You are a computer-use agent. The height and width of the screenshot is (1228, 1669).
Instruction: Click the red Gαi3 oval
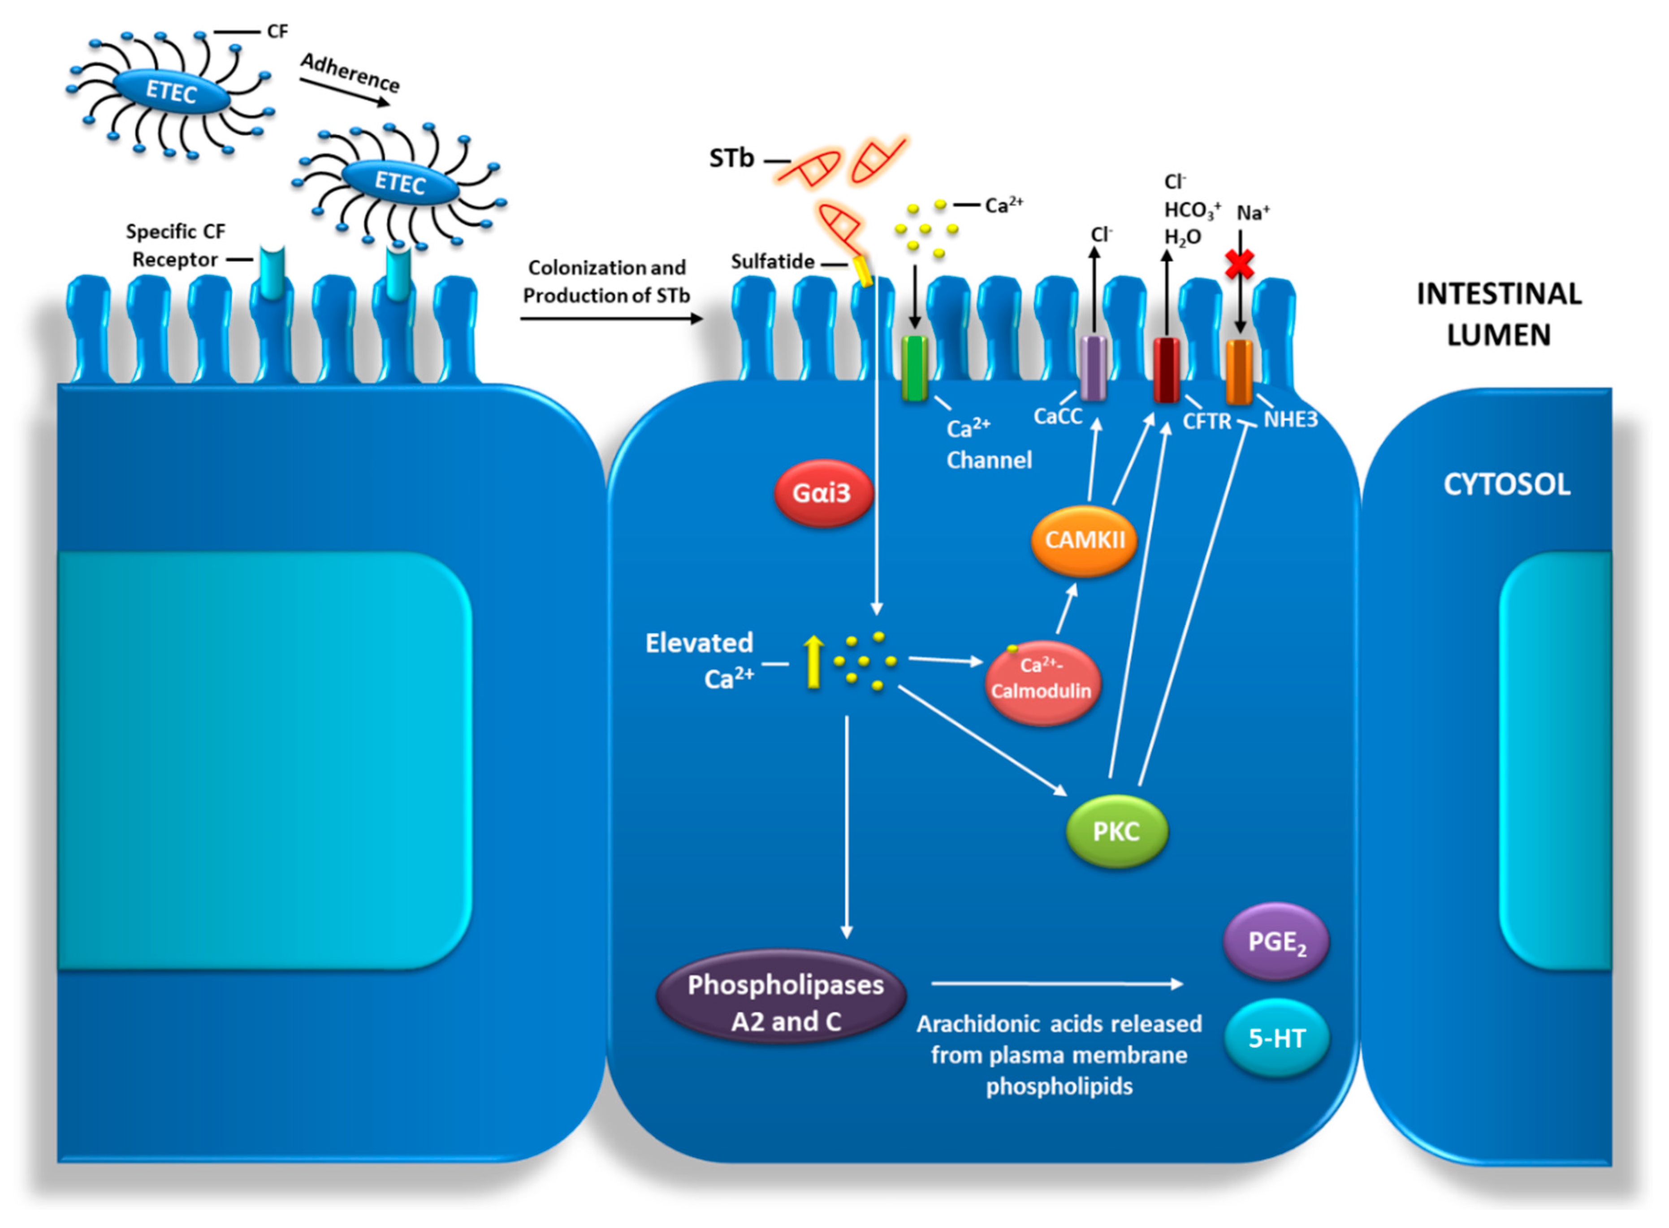tap(823, 493)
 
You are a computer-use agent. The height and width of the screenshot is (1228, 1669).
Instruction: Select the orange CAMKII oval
tap(1084, 540)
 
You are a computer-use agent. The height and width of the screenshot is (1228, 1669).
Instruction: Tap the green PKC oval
tap(1117, 831)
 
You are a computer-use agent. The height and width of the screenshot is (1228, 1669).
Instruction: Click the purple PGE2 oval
tap(1276, 942)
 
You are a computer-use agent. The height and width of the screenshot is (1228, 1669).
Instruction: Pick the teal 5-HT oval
tap(1276, 1038)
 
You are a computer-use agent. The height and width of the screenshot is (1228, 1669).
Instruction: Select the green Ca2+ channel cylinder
tap(914, 368)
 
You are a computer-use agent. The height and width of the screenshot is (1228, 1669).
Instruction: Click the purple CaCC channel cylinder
tap(1093, 368)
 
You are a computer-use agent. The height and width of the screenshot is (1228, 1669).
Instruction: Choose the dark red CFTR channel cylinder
tap(1166, 370)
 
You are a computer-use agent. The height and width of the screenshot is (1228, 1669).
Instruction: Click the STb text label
tap(731, 158)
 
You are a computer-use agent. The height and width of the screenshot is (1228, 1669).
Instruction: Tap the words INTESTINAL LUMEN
tap(1499, 315)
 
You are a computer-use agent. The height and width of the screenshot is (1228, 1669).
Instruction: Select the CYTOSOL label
tap(1506, 485)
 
